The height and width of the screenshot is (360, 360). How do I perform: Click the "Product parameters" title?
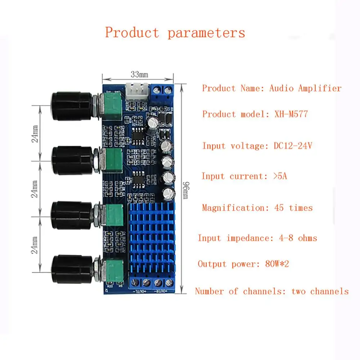point(175,33)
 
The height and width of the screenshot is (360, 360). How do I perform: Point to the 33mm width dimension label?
point(139,75)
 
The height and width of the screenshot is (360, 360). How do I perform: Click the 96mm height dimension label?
point(185,187)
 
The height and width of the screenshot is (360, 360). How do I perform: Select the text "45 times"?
point(293,208)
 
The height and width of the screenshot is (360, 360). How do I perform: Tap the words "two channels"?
point(320,291)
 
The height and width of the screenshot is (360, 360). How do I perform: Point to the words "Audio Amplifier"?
point(305,88)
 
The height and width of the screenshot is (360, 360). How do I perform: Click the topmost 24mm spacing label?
point(35,133)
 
